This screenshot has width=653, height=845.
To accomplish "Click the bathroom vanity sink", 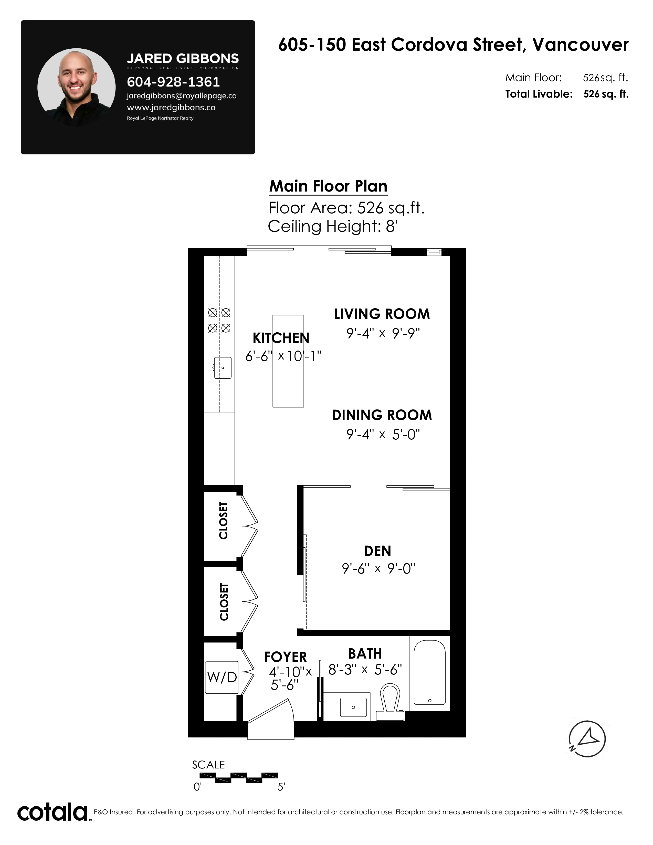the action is click(353, 707).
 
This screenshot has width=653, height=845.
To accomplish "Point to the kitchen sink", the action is click(223, 367).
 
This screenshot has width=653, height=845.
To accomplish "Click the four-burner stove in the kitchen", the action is click(219, 320).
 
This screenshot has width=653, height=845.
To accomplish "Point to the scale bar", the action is click(239, 778).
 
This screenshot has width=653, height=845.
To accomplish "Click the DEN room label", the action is click(377, 551).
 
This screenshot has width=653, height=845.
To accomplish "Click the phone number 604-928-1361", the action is click(173, 82).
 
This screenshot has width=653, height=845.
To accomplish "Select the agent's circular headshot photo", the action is click(77, 87).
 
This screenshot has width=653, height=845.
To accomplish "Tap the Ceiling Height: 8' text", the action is click(333, 226).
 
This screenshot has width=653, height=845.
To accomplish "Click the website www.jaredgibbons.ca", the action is click(171, 108).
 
